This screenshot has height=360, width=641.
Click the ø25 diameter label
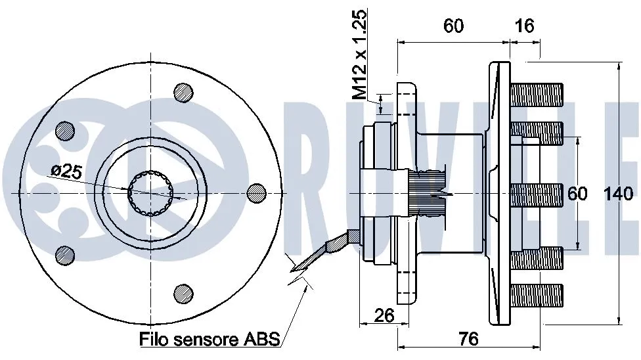pyautogui.click(x=66, y=172)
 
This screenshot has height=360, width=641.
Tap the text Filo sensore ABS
pyautogui.click(x=210, y=339)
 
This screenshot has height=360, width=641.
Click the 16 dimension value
pyautogui.click(x=525, y=26)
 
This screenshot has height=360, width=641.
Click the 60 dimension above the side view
pyautogui.click(x=453, y=26)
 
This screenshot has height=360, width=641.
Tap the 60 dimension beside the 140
pyautogui.click(x=577, y=193)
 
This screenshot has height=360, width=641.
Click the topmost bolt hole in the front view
pyautogui.click(x=183, y=93)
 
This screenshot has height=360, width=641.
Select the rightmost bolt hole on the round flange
pyautogui.click(x=255, y=192)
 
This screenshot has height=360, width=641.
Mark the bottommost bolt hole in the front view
pyautogui.click(x=183, y=292)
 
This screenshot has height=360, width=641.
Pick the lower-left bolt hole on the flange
pyautogui.click(x=65, y=254)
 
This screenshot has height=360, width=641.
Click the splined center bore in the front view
pyautogui.click(x=151, y=192)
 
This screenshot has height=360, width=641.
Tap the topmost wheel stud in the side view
pyautogui.click(x=537, y=93)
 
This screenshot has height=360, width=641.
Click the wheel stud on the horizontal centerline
pyautogui.click(x=537, y=193)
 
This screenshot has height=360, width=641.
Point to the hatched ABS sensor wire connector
pyautogui.click(x=336, y=242)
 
